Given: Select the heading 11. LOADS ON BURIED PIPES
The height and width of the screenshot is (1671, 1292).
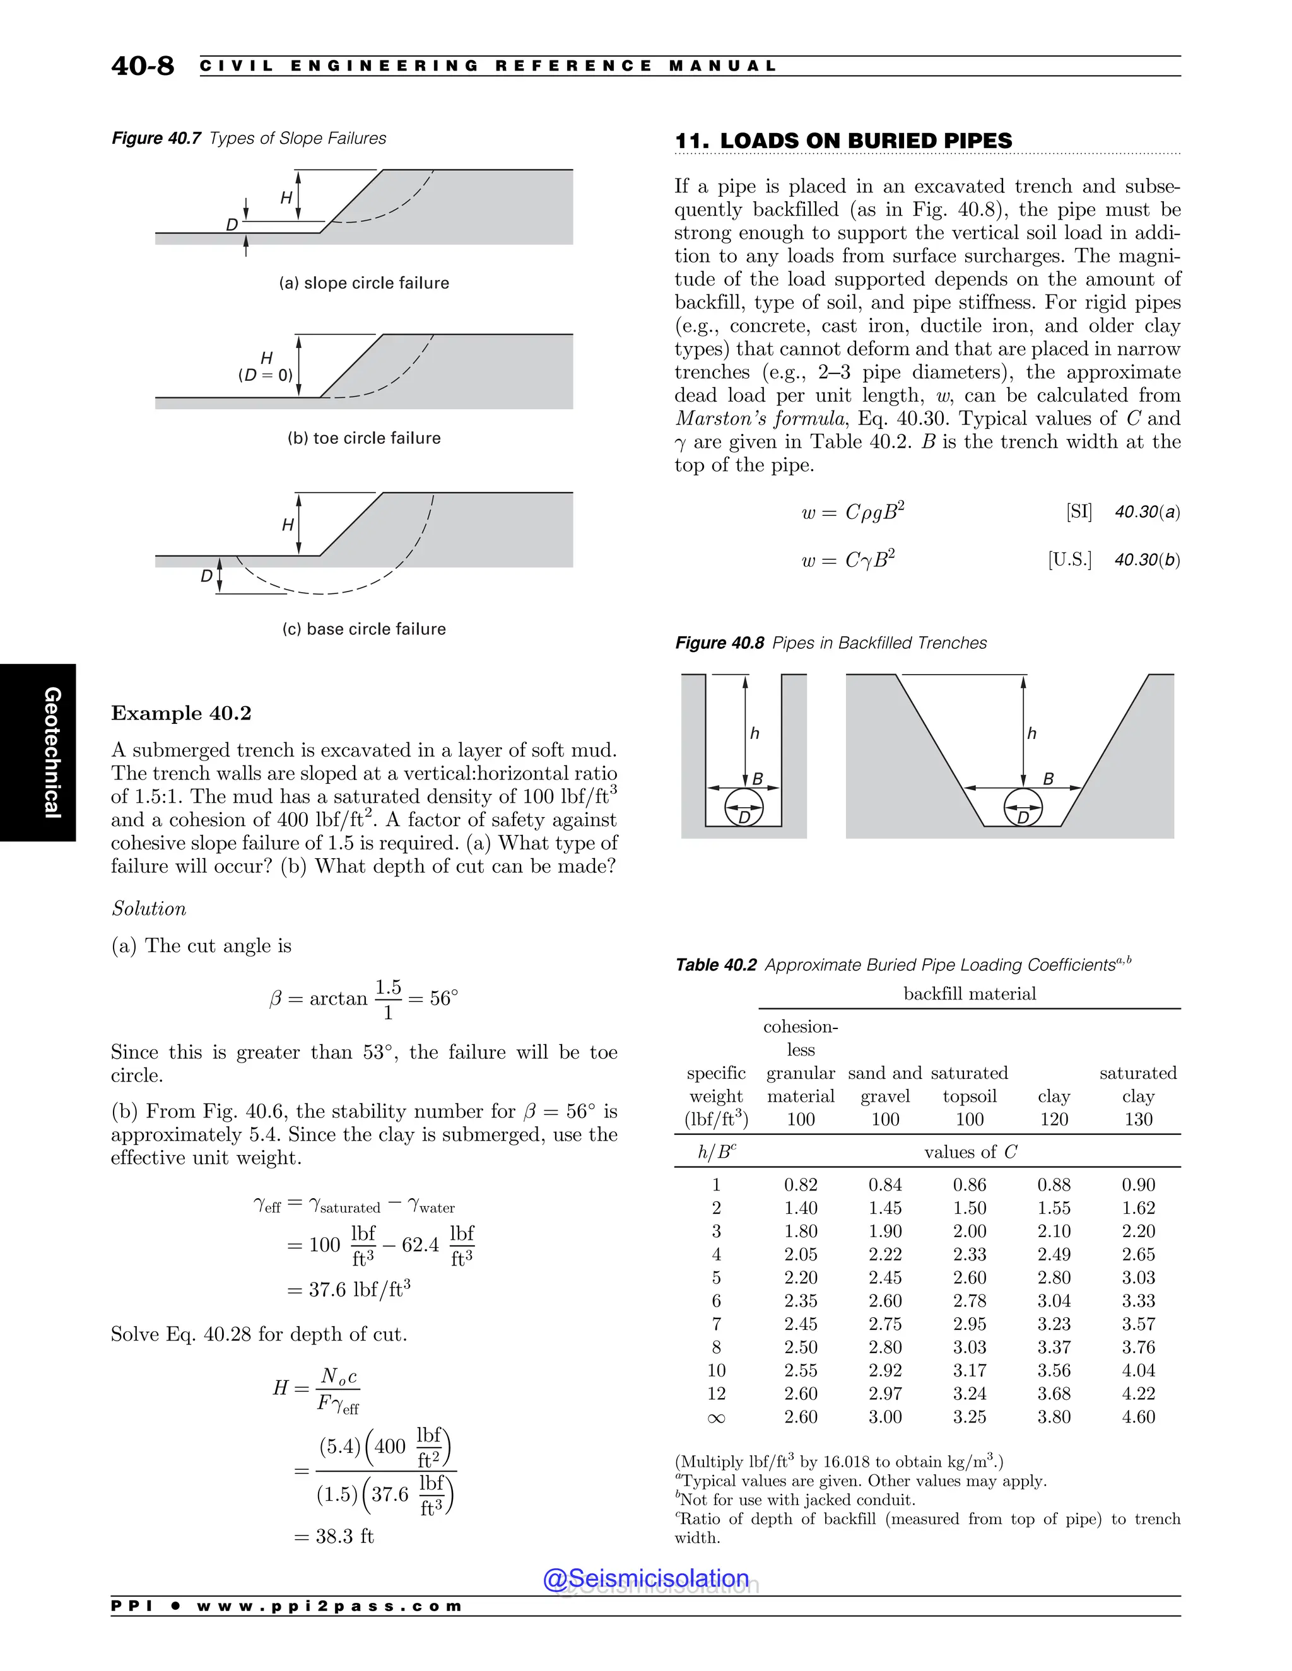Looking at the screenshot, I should [x=843, y=141].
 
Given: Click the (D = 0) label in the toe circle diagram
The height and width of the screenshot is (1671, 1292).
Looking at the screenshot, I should [x=265, y=375].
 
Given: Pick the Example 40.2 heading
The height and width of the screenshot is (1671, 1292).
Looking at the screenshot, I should [x=182, y=713].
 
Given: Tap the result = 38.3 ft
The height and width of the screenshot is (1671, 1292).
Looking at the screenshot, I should [x=334, y=1536].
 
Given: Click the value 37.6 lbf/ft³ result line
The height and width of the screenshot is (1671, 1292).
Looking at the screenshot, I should [x=349, y=1290].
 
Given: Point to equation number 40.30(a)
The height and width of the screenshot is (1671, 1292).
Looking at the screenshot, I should [x=1146, y=512].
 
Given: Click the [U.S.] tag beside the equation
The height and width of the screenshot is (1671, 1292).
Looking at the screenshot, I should [x=1069, y=559].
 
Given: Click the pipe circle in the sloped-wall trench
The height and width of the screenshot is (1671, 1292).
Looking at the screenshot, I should [x=1023, y=807].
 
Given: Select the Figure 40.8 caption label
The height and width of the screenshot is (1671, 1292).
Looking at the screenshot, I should [x=719, y=643].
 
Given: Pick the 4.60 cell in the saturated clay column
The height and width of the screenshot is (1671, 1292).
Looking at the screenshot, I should [x=1137, y=1416].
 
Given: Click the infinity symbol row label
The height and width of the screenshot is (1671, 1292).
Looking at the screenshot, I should [x=717, y=1417].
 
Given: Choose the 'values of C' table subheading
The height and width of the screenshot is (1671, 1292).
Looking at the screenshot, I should [x=970, y=1151].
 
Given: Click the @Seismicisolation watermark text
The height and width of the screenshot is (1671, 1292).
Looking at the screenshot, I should [x=645, y=1578].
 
